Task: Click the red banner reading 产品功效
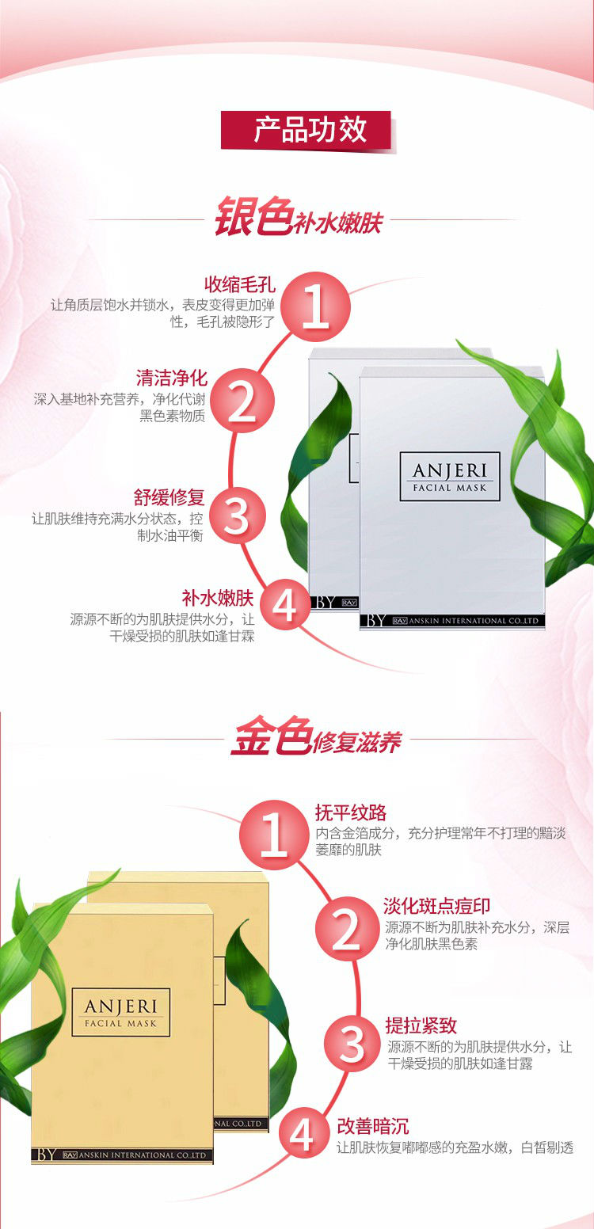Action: (307, 130)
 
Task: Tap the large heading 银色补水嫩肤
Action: (298, 217)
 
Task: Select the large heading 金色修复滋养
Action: (316, 736)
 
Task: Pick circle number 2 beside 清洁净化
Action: (242, 401)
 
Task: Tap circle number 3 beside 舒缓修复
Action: (237, 516)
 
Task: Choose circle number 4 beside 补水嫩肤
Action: (285, 606)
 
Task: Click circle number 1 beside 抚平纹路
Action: (273, 835)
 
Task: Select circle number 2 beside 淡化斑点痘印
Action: (347, 929)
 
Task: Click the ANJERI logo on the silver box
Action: (450, 476)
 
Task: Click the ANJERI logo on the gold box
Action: (120, 1012)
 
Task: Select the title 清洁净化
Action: (171, 378)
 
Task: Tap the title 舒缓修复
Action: (169, 497)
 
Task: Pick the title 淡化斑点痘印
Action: (437, 906)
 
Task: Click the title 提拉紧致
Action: (421, 1025)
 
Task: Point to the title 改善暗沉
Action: (373, 1126)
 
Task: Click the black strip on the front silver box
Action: (452, 621)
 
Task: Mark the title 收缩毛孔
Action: (240, 284)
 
